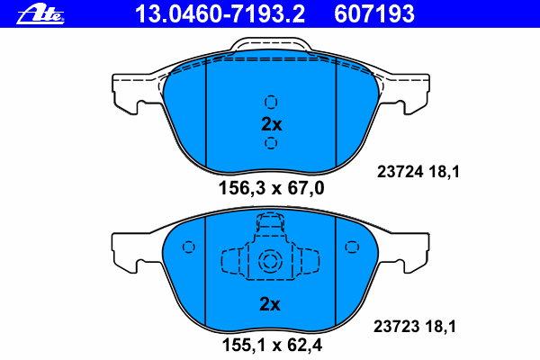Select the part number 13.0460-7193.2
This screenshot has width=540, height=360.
tap(219, 13)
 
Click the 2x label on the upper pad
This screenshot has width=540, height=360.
tap(271, 124)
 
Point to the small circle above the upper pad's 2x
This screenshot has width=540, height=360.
tap(271, 101)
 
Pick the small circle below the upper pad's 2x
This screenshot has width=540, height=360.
tap(271, 143)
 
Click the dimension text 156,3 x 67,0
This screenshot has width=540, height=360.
tap(271, 188)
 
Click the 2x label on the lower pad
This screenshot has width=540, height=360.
tap(271, 304)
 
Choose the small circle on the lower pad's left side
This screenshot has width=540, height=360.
tap(188, 247)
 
